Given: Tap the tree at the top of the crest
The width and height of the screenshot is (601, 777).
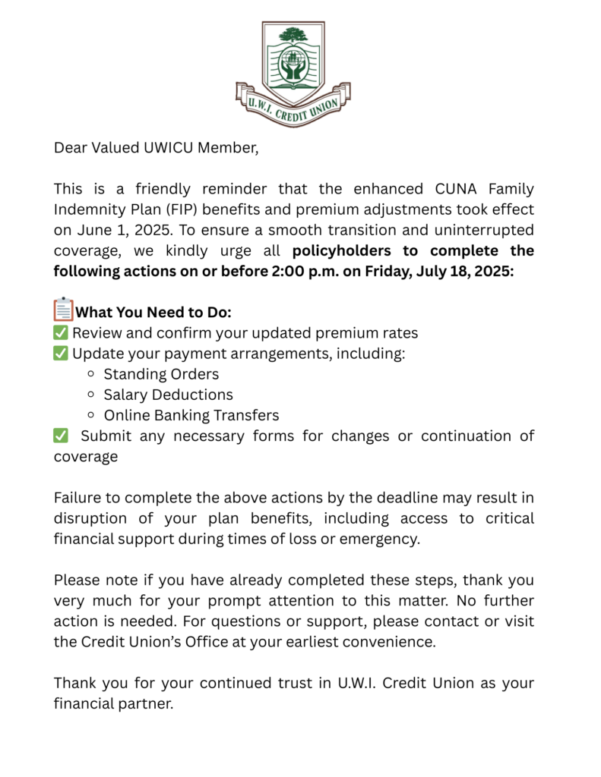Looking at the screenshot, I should [x=293, y=34].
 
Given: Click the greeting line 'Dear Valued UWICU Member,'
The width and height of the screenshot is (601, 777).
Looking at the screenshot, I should [x=156, y=147].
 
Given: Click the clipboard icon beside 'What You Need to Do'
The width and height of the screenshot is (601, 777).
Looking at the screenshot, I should [x=63, y=310].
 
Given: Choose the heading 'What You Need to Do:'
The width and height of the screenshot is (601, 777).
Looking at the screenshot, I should [x=154, y=313].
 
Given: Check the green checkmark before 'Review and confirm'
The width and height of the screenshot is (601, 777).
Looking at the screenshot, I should [x=61, y=333].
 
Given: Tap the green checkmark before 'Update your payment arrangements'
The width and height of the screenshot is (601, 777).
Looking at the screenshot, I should [x=61, y=354].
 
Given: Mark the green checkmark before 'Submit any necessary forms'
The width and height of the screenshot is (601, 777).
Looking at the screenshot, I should [x=61, y=436].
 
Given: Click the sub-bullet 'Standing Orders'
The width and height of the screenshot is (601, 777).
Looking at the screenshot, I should [x=161, y=374].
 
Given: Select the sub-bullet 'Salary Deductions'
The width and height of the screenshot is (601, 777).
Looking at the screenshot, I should [x=168, y=395].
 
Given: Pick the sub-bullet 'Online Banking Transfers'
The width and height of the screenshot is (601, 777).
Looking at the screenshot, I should [x=191, y=415].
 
